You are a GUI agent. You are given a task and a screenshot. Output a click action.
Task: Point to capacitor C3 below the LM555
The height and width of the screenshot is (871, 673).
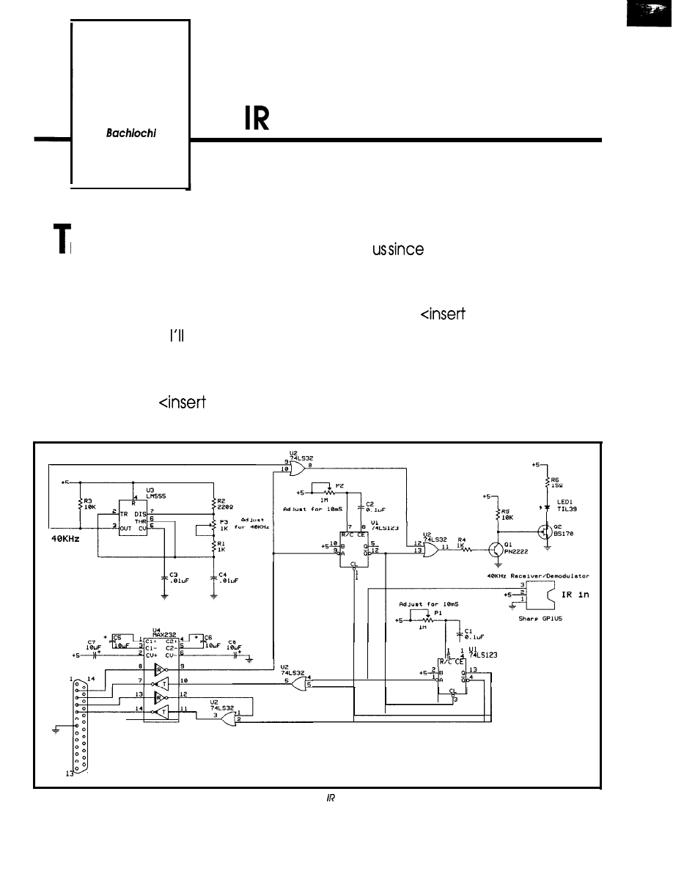click(x=164, y=577)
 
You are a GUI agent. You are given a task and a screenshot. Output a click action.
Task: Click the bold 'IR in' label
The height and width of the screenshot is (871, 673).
click(x=575, y=595)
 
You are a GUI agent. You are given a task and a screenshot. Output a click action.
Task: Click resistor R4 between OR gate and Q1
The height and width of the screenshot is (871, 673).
click(x=463, y=546)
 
